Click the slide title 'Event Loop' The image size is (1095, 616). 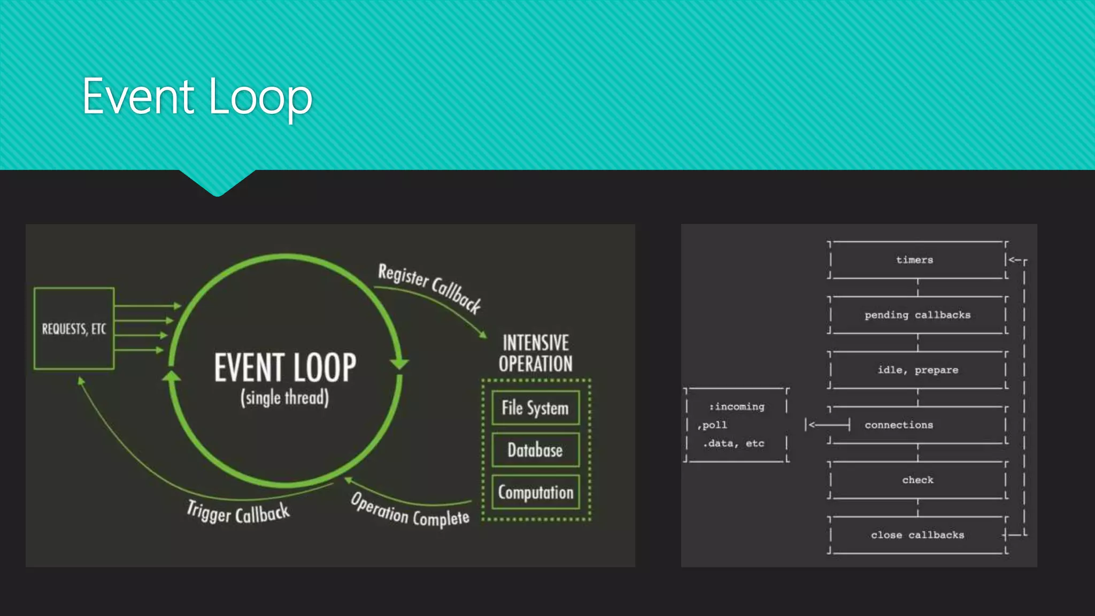[x=197, y=97]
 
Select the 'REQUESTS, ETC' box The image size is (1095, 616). [x=74, y=328]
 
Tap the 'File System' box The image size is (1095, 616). [x=535, y=408]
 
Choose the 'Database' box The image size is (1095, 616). [x=535, y=450]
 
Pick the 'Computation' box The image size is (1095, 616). [x=536, y=492]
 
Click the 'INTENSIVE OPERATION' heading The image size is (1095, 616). [x=536, y=353]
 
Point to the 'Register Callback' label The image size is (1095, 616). [x=429, y=287]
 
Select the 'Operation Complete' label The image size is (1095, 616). [x=410, y=510]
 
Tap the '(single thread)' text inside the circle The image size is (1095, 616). [x=284, y=398]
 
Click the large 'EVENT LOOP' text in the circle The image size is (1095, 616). [x=285, y=367]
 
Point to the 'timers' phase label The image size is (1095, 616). [x=915, y=260]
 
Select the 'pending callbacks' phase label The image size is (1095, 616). [x=917, y=315]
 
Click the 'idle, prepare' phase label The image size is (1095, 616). [x=918, y=370]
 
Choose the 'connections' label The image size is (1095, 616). [x=899, y=425]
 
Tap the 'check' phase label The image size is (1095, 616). [x=918, y=480]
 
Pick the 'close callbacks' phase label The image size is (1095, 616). [x=917, y=535]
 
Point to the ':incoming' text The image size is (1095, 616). [x=737, y=407]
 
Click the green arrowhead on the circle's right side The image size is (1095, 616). [x=399, y=364]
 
